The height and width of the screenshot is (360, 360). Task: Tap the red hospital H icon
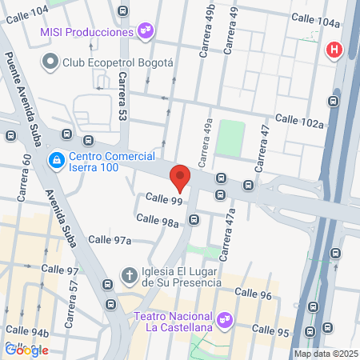pos(334,50)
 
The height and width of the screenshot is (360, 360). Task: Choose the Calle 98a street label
pos(157,218)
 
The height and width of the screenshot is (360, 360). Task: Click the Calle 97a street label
pos(110,239)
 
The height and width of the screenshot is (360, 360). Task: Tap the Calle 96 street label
pos(255,295)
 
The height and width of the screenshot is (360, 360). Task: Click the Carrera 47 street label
pos(260,149)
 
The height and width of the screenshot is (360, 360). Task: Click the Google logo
pos(26,349)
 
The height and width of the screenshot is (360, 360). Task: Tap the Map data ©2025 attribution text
pos(325,354)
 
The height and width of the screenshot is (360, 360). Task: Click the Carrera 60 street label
pos(24,177)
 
